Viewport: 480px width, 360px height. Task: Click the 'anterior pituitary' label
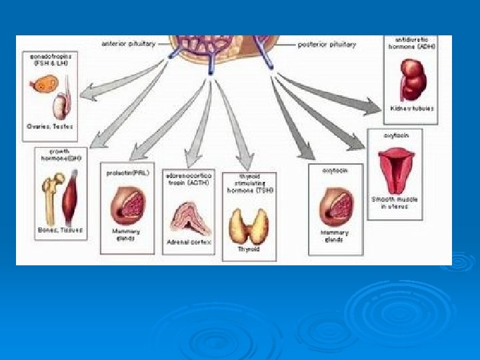pos(129,44)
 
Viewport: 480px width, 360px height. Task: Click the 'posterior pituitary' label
pos(326,45)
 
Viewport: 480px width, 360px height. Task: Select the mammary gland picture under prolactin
pos(127,205)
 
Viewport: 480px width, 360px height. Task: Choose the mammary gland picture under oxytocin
pos(335,206)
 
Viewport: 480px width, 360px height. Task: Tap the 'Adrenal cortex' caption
pos(188,243)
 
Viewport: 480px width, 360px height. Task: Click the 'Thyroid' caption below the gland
pos(249,249)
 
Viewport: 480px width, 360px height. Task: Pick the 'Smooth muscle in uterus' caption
pos(395,203)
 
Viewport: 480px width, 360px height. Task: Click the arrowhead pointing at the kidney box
pos(375,105)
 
